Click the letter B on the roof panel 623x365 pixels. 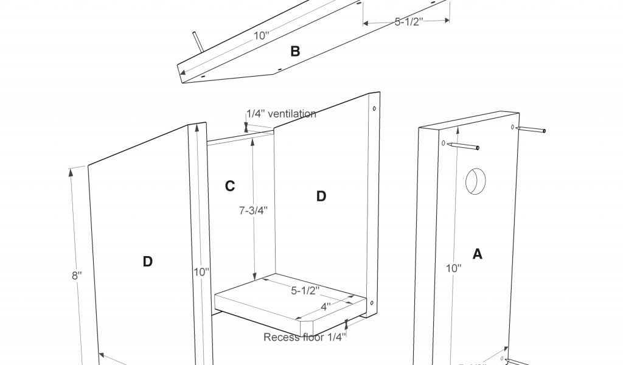coord(295,52)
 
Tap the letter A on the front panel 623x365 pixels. coord(478,254)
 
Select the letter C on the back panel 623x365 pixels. coord(230,186)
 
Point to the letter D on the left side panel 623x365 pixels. coord(147,262)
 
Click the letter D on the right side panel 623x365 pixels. coord(321,196)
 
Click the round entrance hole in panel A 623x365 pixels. coord(476,181)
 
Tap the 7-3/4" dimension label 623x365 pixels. coord(252,210)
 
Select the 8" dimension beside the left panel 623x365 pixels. coord(77,274)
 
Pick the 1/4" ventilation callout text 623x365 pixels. coord(281,114)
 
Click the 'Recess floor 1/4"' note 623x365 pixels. coord(305,336)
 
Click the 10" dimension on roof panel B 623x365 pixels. coord(261,35)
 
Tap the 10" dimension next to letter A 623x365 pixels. coord(453,268)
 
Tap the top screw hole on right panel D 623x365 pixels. coord(374,110)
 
